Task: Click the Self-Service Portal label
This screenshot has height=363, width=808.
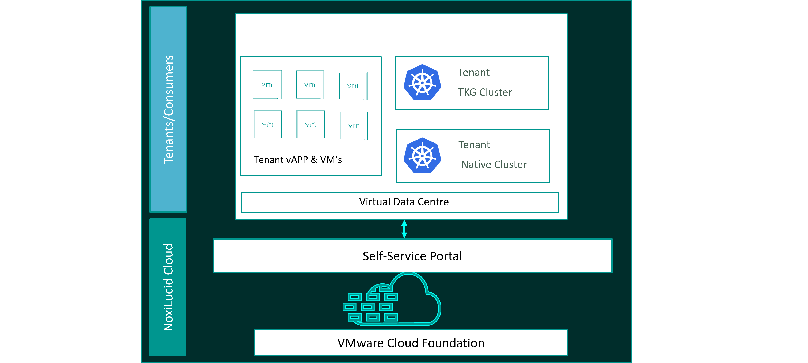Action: click(412, 256)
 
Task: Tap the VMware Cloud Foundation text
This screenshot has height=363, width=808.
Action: click(411, 343)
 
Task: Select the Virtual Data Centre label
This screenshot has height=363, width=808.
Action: click(404, 202)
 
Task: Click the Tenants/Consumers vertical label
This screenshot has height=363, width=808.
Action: click(168, 110)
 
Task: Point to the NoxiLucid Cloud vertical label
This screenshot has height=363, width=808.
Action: click(168, 287)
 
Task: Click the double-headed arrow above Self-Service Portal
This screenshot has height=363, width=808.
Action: click(404, 229)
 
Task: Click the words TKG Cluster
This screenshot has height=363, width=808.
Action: click(485, 92)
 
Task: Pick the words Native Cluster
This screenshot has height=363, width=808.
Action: click(494, 164)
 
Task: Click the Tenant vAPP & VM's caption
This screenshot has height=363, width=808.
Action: click(297, 160)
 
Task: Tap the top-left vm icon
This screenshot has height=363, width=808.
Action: click(267, 84)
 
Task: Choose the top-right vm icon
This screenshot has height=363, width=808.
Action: click(353, 86)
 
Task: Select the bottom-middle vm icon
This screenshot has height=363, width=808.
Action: click(310, 124)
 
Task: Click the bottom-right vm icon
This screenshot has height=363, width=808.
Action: click(354, 126)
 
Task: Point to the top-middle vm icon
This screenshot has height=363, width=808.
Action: click(310, 84)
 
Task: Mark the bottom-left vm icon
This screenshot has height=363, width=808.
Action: click(268, 124)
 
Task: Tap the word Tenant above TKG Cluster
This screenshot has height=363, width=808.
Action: click(474, 72)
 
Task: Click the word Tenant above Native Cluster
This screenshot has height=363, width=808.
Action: click(474, 145)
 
